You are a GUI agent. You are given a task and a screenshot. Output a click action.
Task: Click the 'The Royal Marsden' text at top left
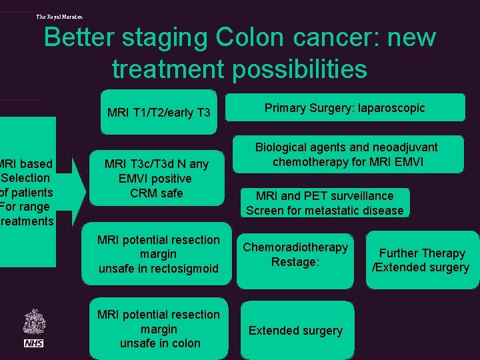click(60, 17)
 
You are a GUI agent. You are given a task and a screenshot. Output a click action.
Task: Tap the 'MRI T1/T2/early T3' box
click(159, 112)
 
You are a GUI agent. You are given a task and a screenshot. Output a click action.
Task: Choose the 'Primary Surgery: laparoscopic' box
click(345, 108)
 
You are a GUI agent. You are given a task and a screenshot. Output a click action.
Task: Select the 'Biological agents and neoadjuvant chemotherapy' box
click(346, 154)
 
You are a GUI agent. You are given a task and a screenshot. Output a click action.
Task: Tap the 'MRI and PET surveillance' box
click(325, 203)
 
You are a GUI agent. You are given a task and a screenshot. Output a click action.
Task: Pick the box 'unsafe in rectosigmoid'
click(159, 254)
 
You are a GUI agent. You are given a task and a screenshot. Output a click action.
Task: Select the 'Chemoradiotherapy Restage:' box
click(295, 255)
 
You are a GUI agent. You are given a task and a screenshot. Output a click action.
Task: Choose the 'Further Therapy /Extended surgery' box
click(421, 260)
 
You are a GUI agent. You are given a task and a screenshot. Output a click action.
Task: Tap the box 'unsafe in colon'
click(159, 329)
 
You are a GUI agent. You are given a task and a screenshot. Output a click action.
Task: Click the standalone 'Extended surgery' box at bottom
click(295, 331)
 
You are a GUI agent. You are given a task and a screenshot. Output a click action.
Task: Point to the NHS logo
click(33, 343)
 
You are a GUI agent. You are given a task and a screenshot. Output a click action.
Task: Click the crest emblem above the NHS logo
click(33, 321)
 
